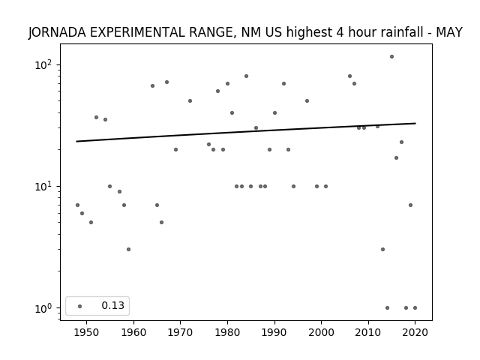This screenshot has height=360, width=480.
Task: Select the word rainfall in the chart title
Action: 401,32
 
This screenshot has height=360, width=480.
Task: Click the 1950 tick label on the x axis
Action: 87,332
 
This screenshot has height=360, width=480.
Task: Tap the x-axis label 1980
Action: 227,332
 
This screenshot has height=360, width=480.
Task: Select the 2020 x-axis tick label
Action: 415,332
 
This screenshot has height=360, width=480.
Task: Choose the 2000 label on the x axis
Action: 322,332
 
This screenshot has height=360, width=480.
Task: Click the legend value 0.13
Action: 113,305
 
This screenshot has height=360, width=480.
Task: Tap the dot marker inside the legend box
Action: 80,306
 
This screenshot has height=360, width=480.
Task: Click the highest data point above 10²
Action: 391,57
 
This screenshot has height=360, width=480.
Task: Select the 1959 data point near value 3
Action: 128,250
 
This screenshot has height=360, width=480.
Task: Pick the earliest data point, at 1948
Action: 77,205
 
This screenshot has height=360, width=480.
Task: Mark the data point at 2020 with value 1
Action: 415,308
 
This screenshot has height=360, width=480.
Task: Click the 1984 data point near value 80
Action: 247,76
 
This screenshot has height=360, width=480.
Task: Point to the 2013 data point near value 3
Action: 382,250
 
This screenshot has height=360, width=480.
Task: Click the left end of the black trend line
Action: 76,142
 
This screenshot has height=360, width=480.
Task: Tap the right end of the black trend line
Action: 415,123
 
